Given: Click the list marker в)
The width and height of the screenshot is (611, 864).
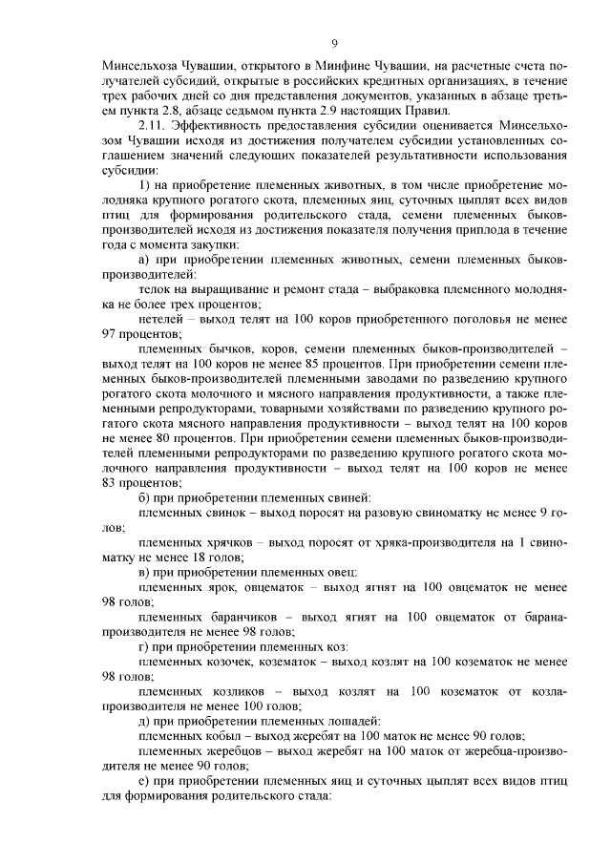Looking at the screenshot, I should tap(146, 571).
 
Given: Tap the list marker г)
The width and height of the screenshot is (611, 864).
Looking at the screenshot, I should tap(145, 646).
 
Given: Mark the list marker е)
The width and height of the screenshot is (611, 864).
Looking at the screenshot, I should tap(146, 781).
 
